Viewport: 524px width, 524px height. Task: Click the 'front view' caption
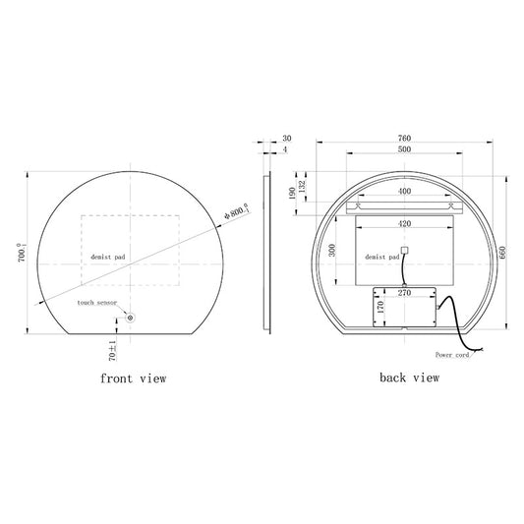(x=133, y=378)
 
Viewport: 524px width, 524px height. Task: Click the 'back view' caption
(x=409, y=377)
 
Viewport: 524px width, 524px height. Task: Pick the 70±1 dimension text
(x=112, y=345)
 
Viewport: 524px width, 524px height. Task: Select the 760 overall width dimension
(x=403, y=138)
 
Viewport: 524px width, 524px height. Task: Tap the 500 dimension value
(x=403, y=150)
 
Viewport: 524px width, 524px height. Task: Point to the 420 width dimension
(x=403, y=223)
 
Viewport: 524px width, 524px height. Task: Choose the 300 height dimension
(x=333, y=251)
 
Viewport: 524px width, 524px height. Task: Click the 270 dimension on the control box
(x=403, y=293)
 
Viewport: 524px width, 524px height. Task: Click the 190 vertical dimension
(x=290, y=194)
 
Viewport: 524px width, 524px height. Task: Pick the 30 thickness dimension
(x=287, y=138)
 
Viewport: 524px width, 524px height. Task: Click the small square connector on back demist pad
(x=403, y=250)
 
